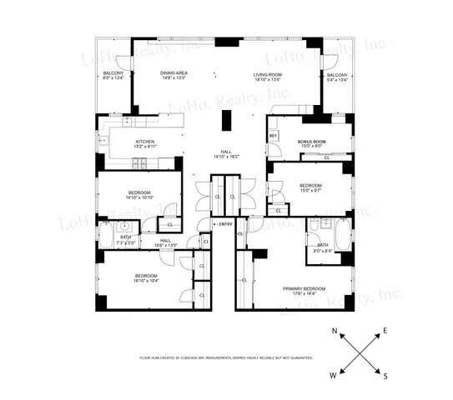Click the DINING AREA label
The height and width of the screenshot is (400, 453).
174,74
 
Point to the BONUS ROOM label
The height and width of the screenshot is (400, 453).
312,142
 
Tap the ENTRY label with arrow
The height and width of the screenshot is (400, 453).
224,224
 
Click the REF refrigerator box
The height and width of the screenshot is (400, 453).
273,135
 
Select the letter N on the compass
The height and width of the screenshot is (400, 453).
335,332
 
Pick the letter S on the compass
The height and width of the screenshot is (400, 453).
385,376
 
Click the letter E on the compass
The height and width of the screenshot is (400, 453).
385,332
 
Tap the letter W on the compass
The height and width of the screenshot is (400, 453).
334,376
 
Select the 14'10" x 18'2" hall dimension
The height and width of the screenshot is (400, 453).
226,156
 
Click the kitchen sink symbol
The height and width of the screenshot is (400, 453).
103,142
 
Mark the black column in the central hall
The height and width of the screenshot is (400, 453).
224,122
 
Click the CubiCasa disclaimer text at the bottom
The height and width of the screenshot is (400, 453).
226,357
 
